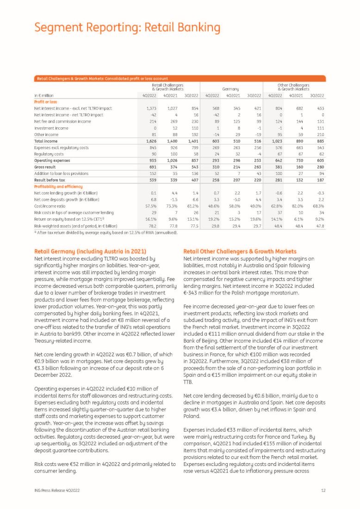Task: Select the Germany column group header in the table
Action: (x=230, y=88)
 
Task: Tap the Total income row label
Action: (x=46, y=141)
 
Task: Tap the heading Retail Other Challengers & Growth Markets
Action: (x=240, y=251)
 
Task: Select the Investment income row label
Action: (x=51, y=128)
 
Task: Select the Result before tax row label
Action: (x=50, y=180)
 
